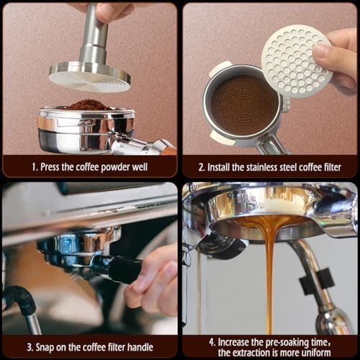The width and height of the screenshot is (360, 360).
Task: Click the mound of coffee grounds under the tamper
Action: [x=88, y=105]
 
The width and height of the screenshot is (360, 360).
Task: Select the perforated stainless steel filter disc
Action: [x=297, y=60]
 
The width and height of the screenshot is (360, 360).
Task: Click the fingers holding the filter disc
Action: [x=338, y=58]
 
